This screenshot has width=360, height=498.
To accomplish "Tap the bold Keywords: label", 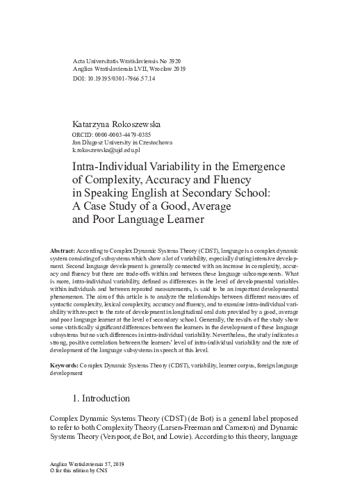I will point(67,364).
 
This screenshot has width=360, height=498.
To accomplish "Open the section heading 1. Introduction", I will point(111,399).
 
